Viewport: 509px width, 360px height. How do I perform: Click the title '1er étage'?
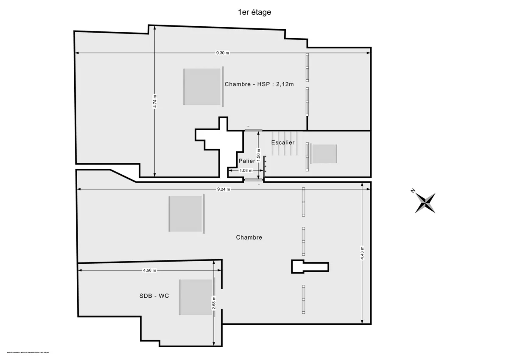(255, 12)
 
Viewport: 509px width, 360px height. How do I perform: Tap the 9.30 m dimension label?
(222, 53)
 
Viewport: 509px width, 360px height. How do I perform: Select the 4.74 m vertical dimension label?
(155, 101)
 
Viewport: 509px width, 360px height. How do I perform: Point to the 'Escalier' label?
(283, 142)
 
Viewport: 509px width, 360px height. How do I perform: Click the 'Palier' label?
(247, 161)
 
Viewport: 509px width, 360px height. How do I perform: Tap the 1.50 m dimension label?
(258, 153)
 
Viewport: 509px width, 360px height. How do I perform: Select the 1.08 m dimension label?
(246, 170)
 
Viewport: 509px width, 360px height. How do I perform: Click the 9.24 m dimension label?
(223, 189)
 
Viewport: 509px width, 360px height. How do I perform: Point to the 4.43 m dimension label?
(362, 253)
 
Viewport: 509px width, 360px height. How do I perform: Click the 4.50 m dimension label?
(149, 270)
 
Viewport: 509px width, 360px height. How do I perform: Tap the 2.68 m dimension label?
(214, 303)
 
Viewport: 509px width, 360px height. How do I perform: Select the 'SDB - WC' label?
(154, 296)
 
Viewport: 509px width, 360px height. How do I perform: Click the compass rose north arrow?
(425, 203)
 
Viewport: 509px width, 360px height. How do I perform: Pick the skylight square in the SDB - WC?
(196, 297)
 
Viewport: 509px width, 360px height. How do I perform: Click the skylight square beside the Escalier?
(324, 153)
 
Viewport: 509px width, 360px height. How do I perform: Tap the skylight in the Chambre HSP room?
(202, 87)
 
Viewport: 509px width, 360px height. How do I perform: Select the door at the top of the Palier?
(253, 130)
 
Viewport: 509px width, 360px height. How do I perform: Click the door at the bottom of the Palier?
(254, 180)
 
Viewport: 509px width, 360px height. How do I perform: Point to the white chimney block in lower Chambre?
(310, 267)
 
